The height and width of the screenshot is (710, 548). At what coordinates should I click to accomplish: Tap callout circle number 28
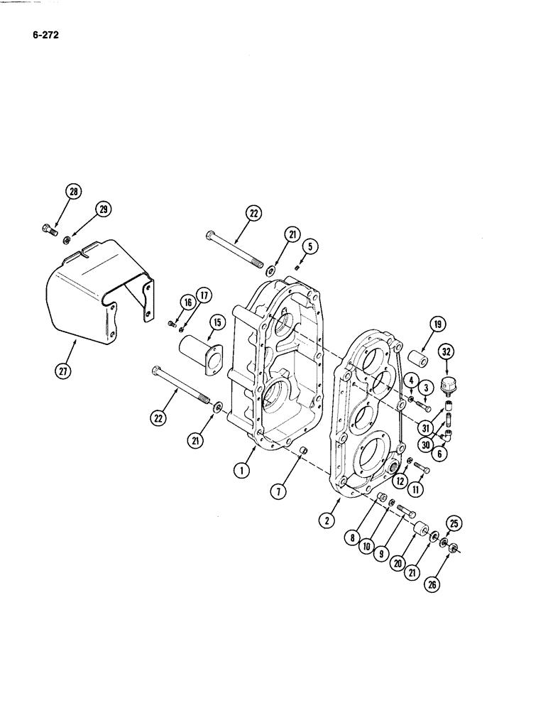73,191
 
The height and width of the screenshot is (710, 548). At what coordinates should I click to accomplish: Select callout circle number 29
104,208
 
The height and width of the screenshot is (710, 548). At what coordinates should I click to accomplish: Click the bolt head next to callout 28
48,231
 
